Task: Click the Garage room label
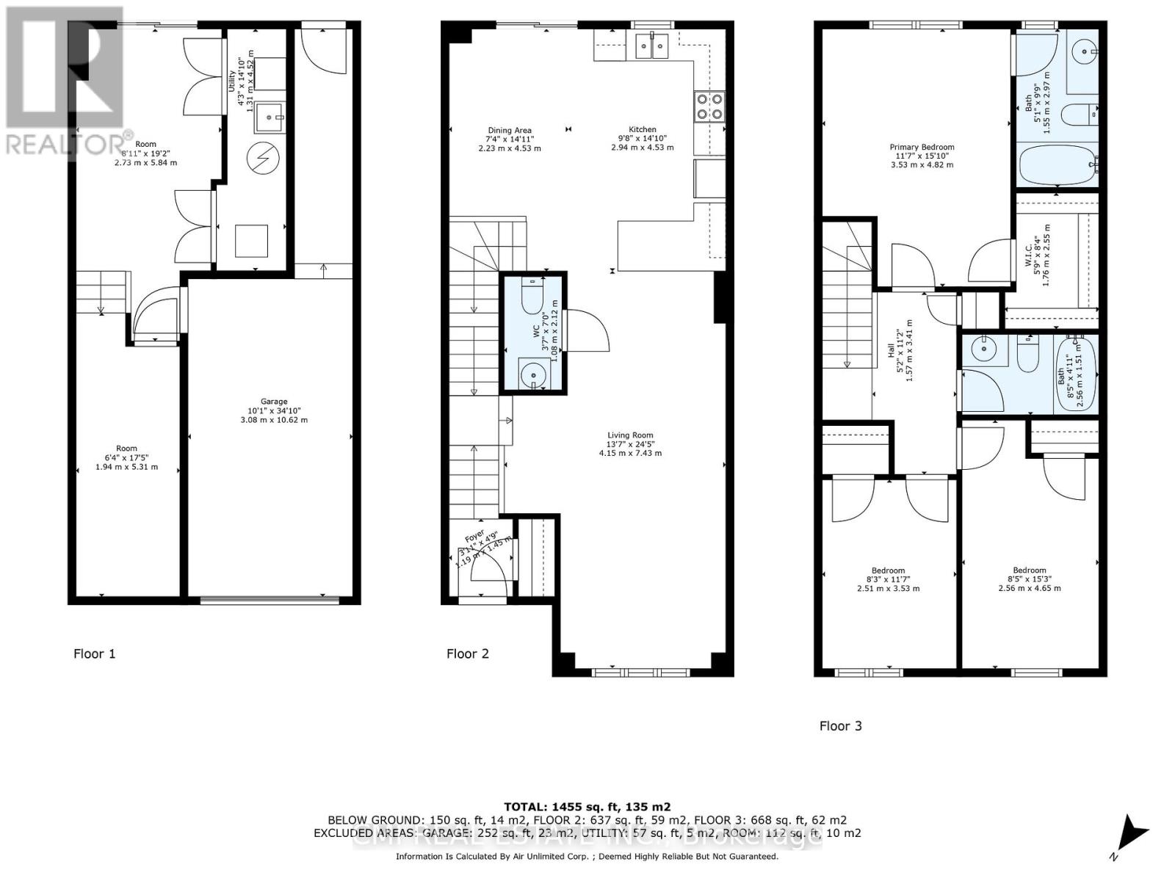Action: (274, 410)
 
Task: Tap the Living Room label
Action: (630, 443)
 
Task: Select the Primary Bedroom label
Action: (922, 156)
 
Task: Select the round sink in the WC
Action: (530, 377)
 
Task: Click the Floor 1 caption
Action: (95, 653)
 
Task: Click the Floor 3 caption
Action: (841, 725)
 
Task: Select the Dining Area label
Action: (510, 139)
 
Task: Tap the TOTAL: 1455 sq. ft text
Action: (587, 806)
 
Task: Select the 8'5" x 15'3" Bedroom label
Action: (1029, 579)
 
